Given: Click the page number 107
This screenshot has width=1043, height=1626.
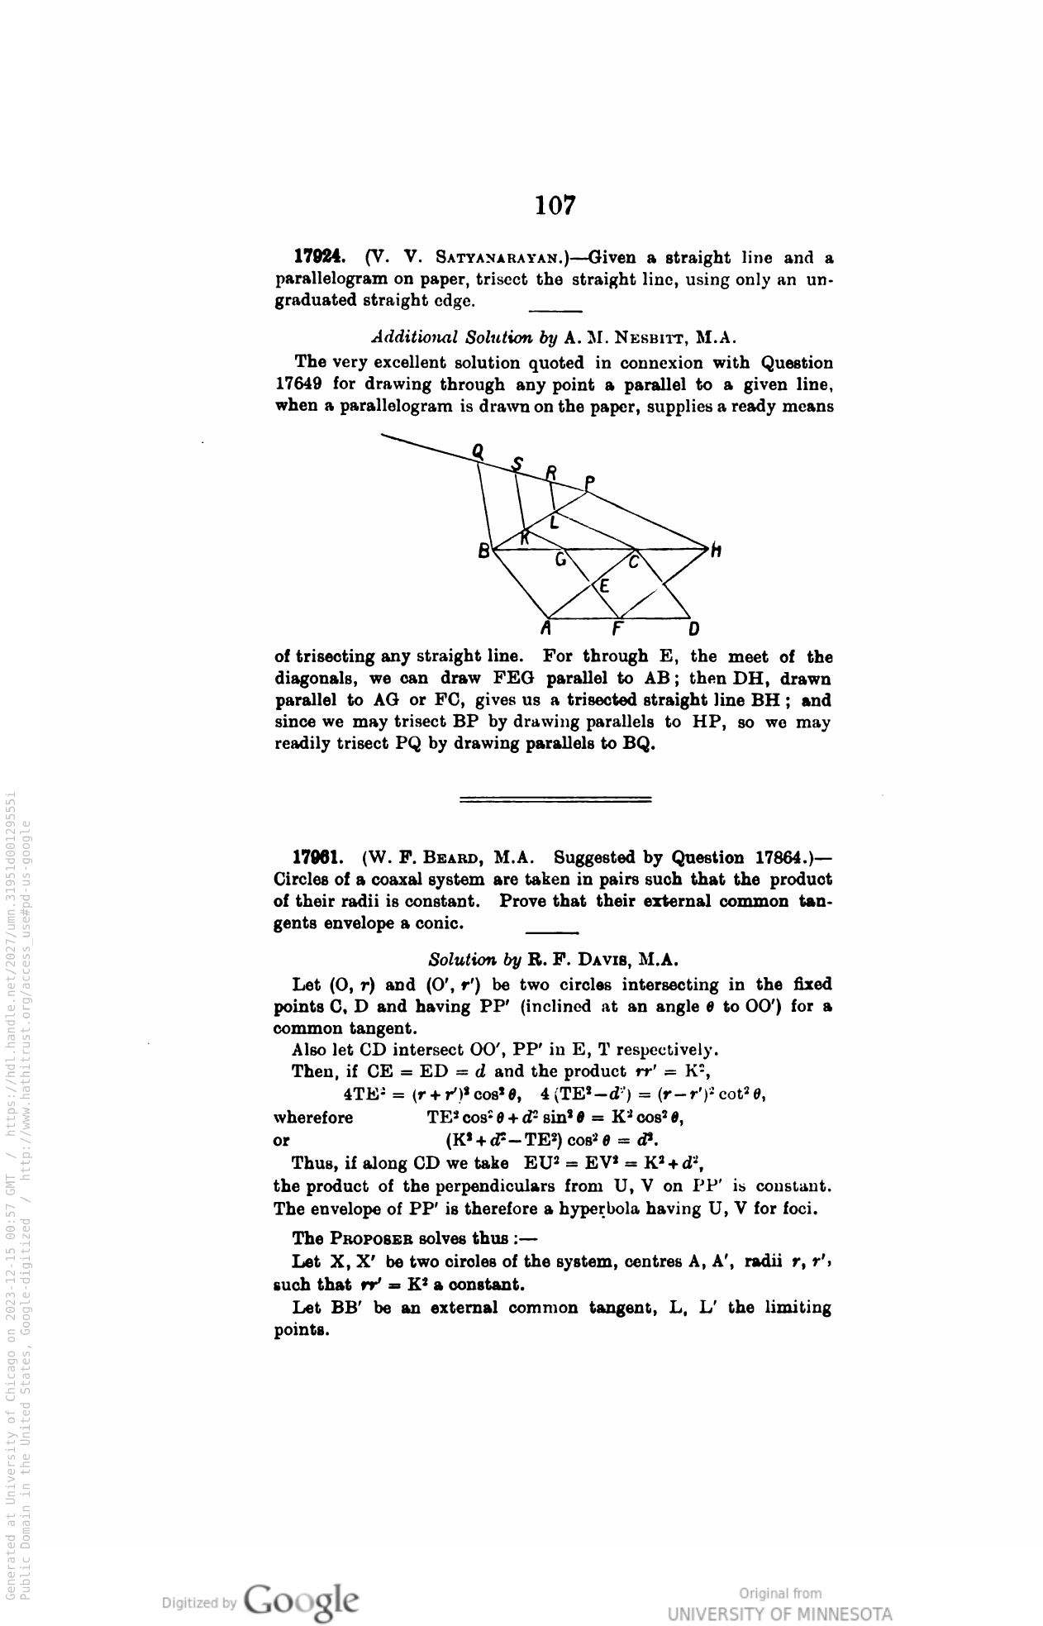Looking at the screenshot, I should pos(555,205).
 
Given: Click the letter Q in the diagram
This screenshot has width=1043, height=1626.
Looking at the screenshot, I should pos(478,451).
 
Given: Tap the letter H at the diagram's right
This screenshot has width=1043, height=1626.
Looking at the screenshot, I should pos(716,551).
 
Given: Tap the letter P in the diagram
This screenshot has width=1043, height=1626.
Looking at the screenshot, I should pos(589,482).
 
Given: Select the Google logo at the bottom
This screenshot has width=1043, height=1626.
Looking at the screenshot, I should pos(302,1600).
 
